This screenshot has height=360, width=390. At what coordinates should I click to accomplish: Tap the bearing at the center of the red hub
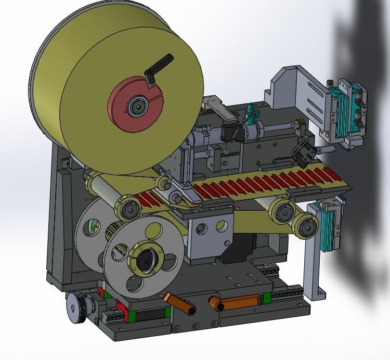(138, 106)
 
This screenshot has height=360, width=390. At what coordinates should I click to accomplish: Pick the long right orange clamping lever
(237, 301)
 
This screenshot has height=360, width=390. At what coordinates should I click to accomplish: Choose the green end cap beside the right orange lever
(267, 299)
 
